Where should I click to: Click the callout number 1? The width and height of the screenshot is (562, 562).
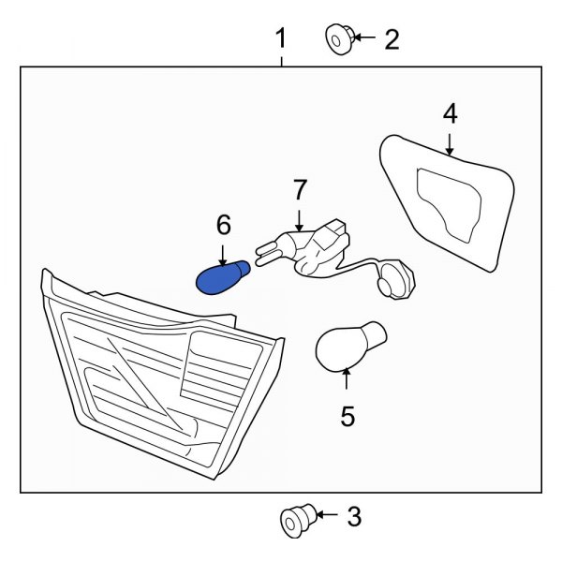281,38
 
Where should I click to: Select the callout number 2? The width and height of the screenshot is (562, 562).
392,39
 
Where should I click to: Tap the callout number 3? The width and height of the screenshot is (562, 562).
354,516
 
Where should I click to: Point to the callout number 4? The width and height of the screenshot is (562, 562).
451,113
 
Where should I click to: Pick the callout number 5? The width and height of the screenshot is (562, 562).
348,416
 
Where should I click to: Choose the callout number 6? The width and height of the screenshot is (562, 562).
224,225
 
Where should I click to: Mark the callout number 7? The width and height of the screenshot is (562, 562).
300,189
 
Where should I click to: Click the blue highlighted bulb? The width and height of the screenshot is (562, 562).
223,277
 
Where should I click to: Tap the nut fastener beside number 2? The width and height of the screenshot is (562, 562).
340,39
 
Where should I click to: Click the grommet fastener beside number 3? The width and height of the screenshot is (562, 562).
298,521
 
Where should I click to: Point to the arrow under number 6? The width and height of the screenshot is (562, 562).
223,256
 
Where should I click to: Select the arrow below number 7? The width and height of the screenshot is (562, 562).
300,220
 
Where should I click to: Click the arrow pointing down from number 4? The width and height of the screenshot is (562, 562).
450,144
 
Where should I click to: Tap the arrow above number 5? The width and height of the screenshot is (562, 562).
346,378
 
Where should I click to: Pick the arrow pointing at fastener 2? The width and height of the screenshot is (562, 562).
364,37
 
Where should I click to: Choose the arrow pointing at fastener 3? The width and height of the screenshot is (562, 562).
327,515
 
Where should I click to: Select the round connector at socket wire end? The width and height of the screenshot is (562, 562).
396,280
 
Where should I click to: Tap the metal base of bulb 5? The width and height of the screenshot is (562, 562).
374,335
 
